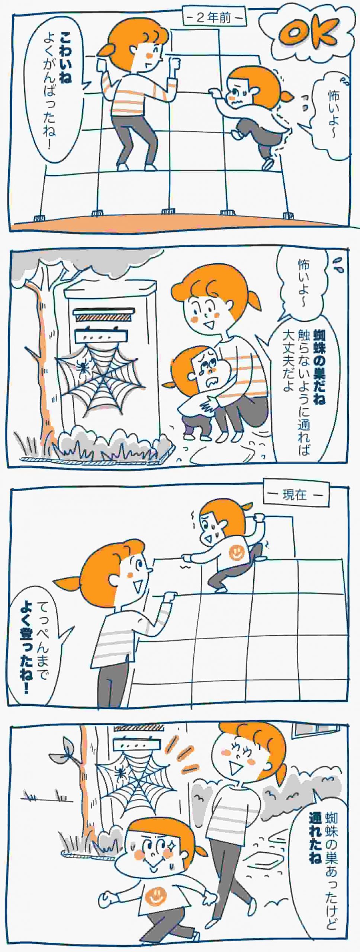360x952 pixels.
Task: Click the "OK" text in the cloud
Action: tap(308, 35)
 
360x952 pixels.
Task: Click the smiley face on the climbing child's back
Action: tap(235, 552)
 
